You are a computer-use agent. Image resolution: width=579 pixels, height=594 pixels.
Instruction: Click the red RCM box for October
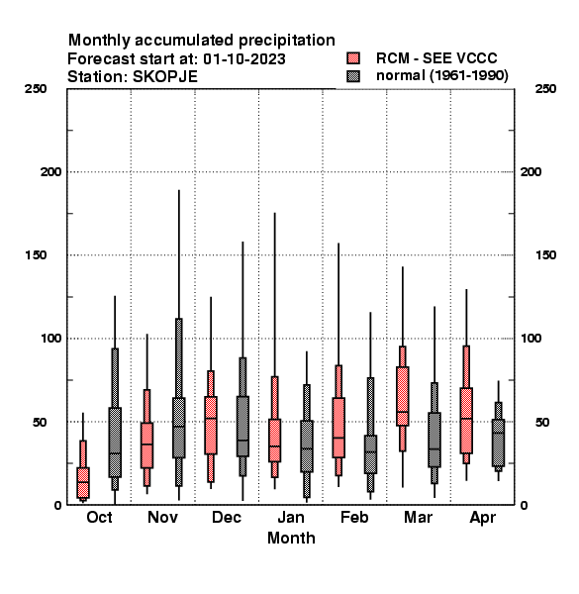point(83,483)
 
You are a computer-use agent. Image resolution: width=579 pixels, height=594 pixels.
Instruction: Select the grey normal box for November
point(179,428)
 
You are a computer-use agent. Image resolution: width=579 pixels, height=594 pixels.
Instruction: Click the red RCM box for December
point(211,425)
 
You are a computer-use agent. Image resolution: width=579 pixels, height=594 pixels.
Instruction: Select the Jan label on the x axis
point(291,517)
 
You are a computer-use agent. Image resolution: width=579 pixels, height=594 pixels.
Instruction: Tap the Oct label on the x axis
point(99,517)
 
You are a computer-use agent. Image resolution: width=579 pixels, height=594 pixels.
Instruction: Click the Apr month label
point(482,518)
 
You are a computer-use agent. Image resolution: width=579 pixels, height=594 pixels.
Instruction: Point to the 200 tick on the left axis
point(50,172)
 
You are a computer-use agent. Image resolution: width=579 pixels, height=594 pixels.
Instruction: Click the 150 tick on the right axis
point(545,255)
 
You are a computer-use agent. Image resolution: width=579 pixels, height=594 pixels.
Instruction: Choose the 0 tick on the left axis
point(57,505)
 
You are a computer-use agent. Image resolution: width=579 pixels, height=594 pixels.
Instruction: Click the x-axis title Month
point(291,538)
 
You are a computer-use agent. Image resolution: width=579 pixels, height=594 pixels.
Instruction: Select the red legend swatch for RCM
point(353,58)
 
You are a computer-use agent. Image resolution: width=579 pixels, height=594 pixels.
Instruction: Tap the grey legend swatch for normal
point(353,76)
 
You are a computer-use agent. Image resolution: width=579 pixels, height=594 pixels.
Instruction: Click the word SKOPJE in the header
point(165,77)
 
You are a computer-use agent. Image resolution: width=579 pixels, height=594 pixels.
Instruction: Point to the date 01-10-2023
point(244,59)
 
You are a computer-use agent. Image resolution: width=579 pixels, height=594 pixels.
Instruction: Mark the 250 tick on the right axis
point(545,89)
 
